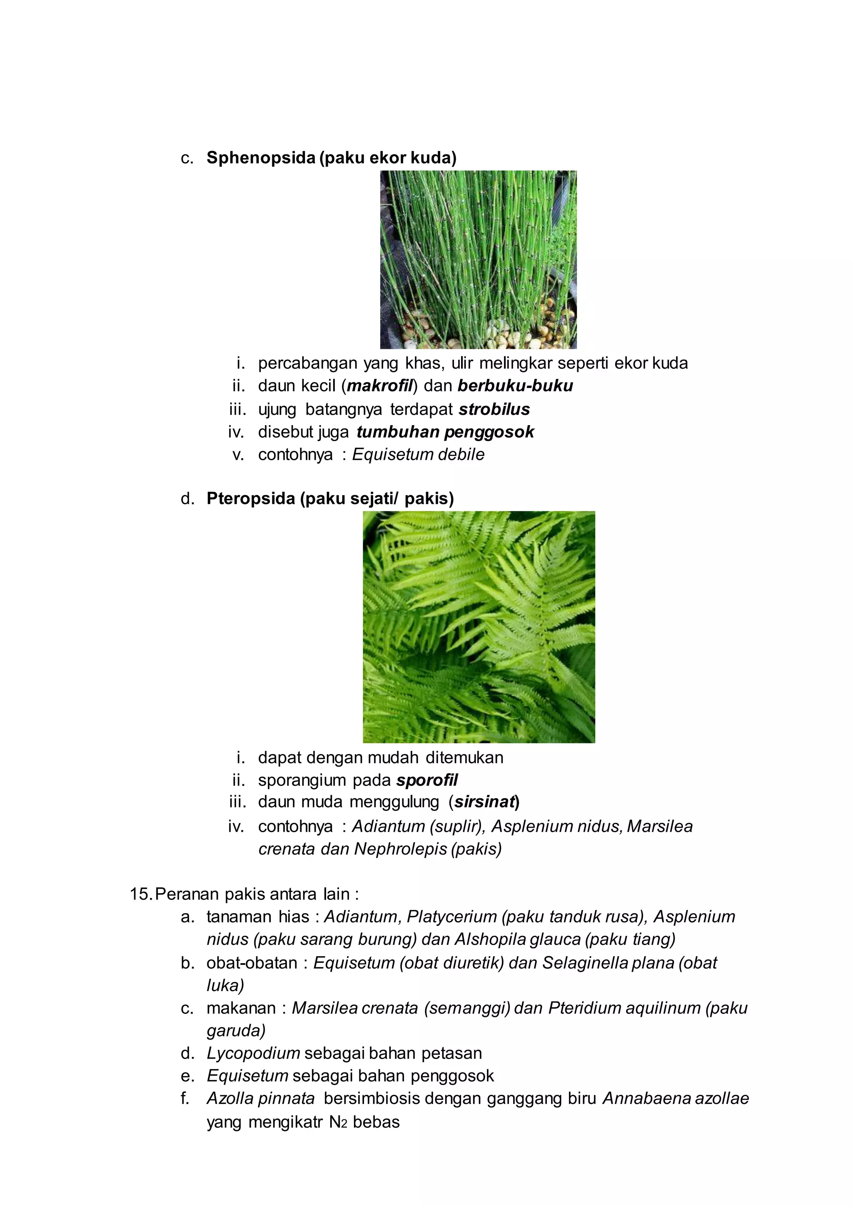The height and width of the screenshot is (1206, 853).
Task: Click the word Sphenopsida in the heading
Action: (x=261, y=157)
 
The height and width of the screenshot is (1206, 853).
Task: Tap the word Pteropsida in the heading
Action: (x=251, y=498)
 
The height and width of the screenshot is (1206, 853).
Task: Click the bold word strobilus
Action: (x=494, y=409)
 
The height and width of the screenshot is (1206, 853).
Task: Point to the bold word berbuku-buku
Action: (x=515, y=386)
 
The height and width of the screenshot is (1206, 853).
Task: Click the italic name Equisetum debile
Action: (x=418, y=454)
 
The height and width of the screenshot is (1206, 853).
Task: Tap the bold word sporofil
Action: (x=427, y=780)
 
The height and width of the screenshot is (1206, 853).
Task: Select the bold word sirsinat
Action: (x=484, y=802)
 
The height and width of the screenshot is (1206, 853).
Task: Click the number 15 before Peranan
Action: (x=140, y=894)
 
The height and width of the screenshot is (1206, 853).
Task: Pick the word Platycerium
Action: (x=451, y=917)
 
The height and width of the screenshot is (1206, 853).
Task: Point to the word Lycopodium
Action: (x=253, y=1053)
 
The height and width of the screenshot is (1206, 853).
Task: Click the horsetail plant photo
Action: (x=478, y=259)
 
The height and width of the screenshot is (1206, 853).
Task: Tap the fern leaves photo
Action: (x=479, y=627)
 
